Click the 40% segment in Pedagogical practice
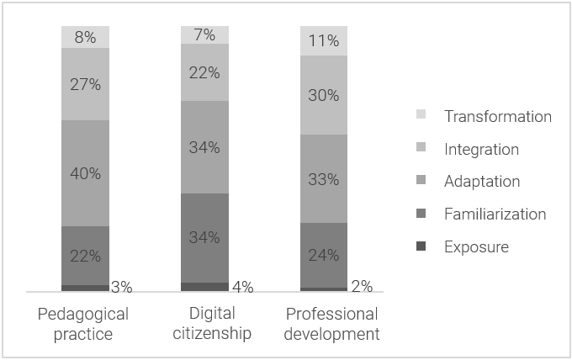pyautogui.click(x=85, y=173)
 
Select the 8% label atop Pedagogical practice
pyautogui.click(x=85, y=37)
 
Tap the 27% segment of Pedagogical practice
pyautogui.click(x=85, y=84)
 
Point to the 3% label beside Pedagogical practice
pyautogui.click(x=122, y=287)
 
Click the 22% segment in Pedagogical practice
pyautogui.click(x=85, y=256)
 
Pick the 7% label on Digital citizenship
pyautogui.click(x=204, y=34)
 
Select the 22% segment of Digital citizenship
pyautogui.click(x=204, y=72)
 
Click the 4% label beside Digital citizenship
pyautogui.click(x=242, y=287)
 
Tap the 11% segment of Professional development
pyautogui.click(x=324, y=40)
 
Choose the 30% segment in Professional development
pyautogui.click(x=324, y=95)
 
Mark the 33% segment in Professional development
pyautogui.click(x=324, y=178)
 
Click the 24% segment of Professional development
pyautogui.click(x=324, y=255)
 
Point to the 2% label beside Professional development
pyautogui.click(x=362, y=287)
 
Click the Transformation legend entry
pyautogui.click(x=497, y=117)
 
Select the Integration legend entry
pyautogui.click(x=481, y=150)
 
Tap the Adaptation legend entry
pyautogui.click(x=482, y=182)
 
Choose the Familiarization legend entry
pyautogui.click(x=495, y=214)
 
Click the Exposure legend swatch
pyautogui.click(x=422, y=246)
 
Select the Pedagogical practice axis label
pyautogui.click(x=84, y=324)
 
